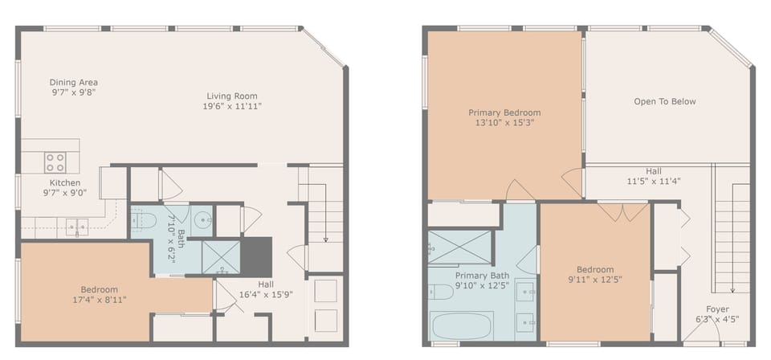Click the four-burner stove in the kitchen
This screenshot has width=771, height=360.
(55, 162)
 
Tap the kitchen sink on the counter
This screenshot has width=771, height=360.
(77, 227)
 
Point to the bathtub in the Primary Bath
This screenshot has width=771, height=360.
(461, 325)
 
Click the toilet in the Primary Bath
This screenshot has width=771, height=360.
(440, 292)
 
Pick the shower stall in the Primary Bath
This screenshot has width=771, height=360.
(459, 247)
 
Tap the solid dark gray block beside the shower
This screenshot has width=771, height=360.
(256, 256)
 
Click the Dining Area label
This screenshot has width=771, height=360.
(74, 82)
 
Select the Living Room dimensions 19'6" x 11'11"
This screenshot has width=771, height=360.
(232, 106)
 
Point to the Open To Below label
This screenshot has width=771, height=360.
(665, 101)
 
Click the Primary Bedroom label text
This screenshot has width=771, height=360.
(504, 112)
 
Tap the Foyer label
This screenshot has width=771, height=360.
(717, 309)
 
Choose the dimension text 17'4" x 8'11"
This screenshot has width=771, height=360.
(100, 299)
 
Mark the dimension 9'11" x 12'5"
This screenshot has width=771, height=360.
(595, 280)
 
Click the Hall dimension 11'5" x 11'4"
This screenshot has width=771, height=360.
(654, 181)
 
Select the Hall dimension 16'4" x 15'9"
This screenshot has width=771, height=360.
(266, 294)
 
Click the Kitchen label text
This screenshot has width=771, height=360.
(65, 182)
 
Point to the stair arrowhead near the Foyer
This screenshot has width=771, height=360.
(732, 291)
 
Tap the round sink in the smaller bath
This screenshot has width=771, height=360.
(202, 219)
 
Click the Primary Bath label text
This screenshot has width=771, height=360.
(482, 275)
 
